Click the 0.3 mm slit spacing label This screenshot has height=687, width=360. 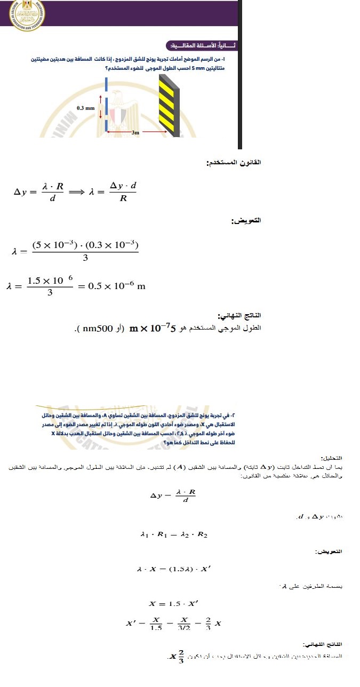click(x=85, y=108)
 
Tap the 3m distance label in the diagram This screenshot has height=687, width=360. click(x=135, y=132)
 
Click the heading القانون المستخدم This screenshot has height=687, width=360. click(x=234, y=162)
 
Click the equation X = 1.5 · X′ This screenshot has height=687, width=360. click(x=174, y=604)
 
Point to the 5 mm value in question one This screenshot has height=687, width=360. click(x=202, y=69)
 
